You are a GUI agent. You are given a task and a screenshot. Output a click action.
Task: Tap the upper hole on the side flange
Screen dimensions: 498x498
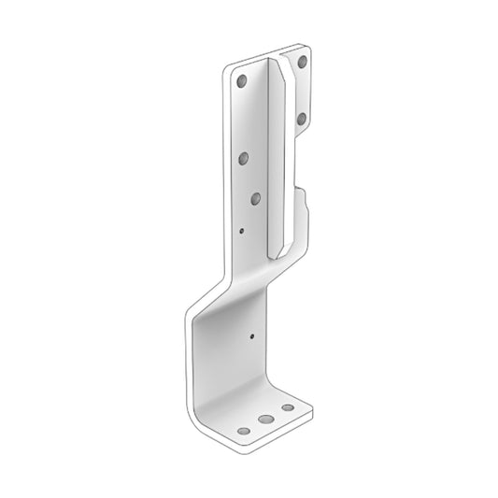[302, 62]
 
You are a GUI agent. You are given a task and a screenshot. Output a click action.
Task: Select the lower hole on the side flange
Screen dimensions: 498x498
[302, 119]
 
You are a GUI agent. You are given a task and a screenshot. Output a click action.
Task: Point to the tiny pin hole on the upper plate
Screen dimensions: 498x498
[241, 228]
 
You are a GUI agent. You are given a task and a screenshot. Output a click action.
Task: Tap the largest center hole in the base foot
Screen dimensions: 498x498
[267, 420]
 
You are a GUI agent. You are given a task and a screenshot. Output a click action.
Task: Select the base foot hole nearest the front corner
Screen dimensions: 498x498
[243, 431]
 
